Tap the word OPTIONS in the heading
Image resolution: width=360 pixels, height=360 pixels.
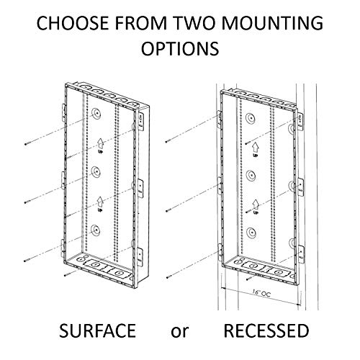pyautogui.click(x=180, y=52)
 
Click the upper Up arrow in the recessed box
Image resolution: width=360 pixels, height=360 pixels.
pyautogui.click(x=255, y=147)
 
